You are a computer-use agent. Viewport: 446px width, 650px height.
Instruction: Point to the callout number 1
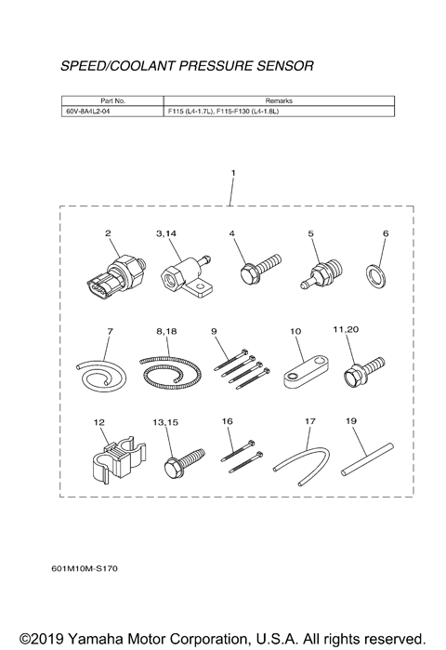click(232, 173)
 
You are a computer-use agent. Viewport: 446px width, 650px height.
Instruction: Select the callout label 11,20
click(359, 329)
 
